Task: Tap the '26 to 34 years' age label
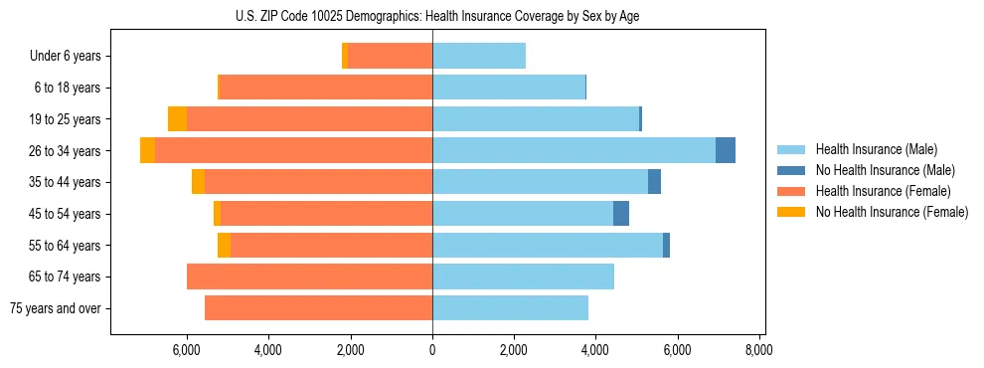(65, 151)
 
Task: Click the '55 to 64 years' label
(65, 246)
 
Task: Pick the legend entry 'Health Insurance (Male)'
(876, 149)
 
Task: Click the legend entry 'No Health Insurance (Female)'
(891, 212)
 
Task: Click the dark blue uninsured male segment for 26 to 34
(726, 150)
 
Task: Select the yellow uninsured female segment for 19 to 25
(177, 119)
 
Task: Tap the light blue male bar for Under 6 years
(479, 57)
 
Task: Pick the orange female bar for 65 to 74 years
(309, 276)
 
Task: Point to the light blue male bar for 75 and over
(510, 308)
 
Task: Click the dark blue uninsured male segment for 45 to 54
(621, 214)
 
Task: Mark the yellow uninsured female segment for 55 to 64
(224, 245)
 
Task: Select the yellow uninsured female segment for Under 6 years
(345, 57)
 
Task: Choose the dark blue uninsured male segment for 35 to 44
(654, 182)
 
